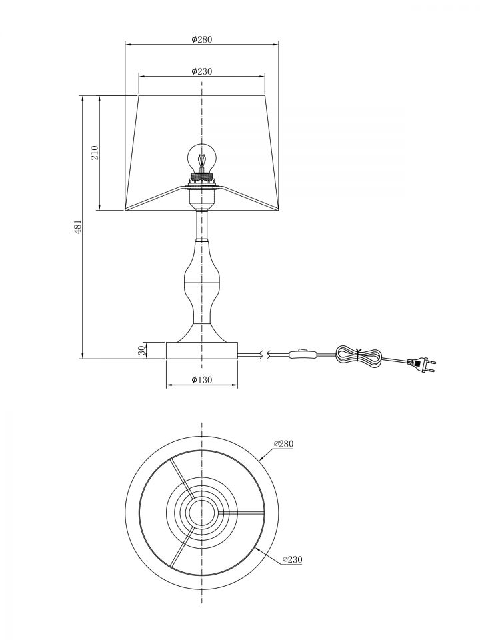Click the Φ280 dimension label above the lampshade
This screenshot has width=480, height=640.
point(201,39)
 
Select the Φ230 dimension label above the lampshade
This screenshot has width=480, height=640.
point(201,71)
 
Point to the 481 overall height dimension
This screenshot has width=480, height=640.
point(78,227)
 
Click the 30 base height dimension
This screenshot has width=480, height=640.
point(141,350)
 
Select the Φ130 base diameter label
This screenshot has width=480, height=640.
point(201,379)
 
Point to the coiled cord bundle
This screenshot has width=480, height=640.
point(359,356)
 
